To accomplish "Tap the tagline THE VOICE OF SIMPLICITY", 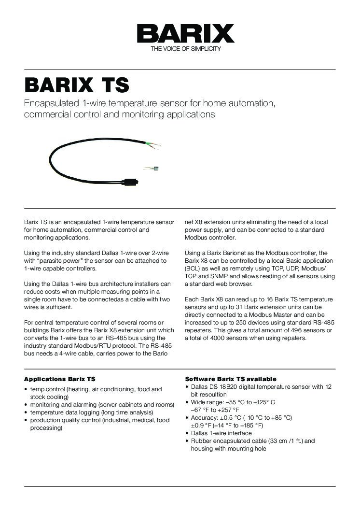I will coord(186,49).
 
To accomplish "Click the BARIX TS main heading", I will coord(77,85).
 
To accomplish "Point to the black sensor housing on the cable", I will coord(130,182).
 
